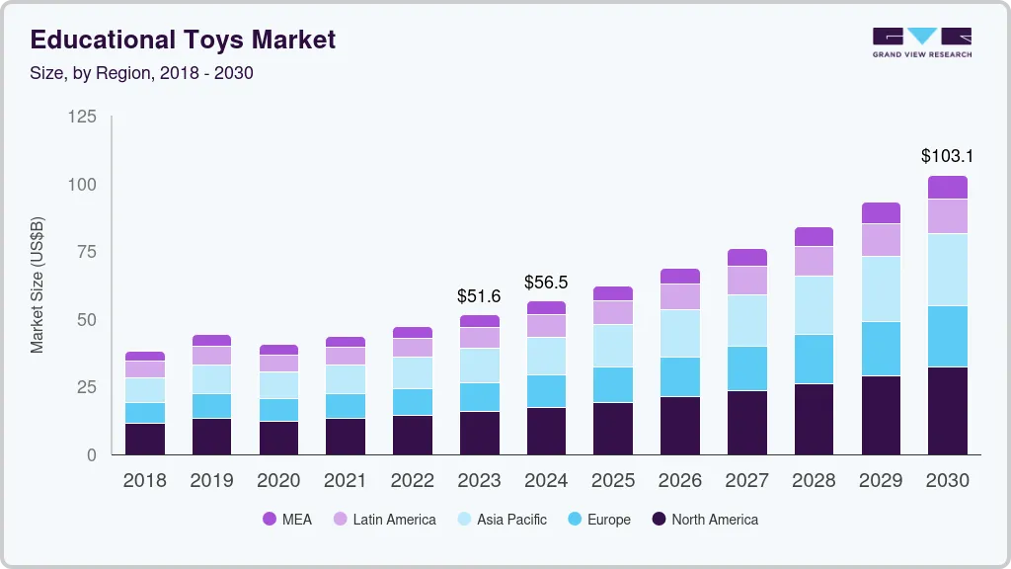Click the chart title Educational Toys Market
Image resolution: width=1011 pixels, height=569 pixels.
tap(184, 40)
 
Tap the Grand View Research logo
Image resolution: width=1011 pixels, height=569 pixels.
tap(921, 41)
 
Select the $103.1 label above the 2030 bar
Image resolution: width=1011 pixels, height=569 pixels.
tap(947, 156)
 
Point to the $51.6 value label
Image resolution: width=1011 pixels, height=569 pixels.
tap(479, 295)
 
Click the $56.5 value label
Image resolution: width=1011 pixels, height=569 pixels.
tap(546, 282)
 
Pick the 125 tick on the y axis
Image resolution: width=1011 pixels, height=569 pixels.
tap(82, 118)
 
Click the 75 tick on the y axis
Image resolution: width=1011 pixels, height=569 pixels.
tap(87, 252)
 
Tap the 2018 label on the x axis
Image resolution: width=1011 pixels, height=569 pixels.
tap(144, 481)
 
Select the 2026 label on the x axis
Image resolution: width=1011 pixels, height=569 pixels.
tap(680, 481)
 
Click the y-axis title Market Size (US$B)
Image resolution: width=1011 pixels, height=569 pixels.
tap(38, 285)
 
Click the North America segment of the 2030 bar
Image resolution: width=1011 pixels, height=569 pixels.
tap(948, 411)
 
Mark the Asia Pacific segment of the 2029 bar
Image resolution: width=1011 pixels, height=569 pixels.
tap(881, 288)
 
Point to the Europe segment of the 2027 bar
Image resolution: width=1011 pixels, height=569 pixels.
tap(747, 367)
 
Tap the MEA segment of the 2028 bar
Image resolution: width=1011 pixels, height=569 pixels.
tap(814, 236)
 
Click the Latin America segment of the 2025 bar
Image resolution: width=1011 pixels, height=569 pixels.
tap(613, 312)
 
